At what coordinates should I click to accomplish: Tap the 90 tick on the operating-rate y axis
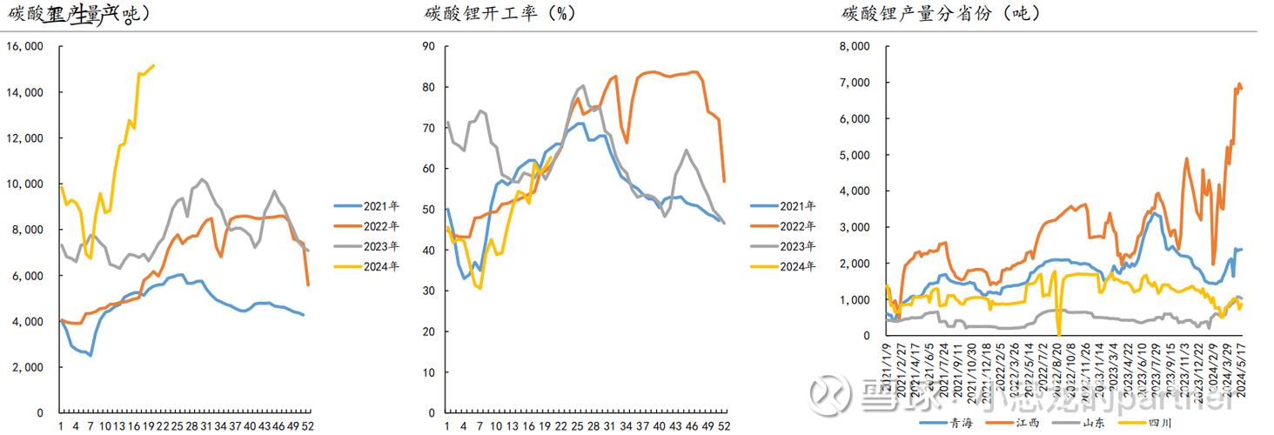427,47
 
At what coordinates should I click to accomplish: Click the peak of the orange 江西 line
1238,84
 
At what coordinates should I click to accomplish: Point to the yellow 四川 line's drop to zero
1058,334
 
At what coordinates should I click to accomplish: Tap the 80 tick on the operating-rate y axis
427,87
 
